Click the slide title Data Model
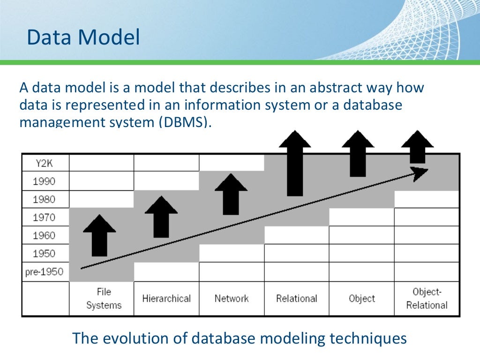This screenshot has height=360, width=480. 83,37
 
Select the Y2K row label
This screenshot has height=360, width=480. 45,163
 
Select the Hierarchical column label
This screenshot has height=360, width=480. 166,299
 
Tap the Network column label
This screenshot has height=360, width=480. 232,299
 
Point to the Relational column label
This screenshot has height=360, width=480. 297,299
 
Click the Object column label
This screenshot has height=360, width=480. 362,299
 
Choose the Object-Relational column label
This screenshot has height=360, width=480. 427,299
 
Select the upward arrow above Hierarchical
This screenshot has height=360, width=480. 161,217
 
